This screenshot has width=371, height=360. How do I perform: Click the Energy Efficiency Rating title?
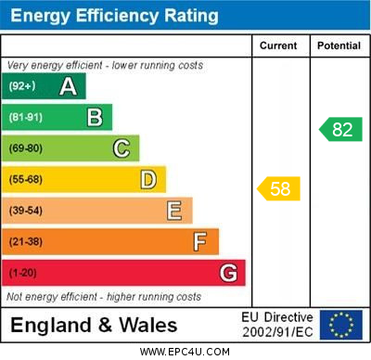(x=114, y=16)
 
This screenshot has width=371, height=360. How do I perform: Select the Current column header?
(x=279, y=45)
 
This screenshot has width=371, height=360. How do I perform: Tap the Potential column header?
(x=338, y=45)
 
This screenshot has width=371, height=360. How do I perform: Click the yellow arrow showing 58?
(x=278, y=189)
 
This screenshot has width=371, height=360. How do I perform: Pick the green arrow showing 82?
(x=340, y=129)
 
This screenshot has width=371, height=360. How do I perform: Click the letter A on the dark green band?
(x=68, y=86)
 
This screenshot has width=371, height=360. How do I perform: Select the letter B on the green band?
(x=95, y=117)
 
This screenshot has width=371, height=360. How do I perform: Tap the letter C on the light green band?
(x=122, y=148)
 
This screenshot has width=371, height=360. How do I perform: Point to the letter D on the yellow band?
(x=148, y=179)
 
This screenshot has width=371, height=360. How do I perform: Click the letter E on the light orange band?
(x=174, y=211)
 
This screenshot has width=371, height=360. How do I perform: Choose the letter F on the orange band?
(x=199, y=242)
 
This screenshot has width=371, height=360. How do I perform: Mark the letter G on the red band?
(x=228, y=274)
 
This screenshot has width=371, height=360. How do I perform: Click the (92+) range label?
(x=22, y=86)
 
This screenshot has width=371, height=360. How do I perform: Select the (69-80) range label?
(x=26, y=148)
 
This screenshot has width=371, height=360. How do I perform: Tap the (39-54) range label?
(x=26, y=211)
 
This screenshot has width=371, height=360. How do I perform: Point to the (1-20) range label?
(x=23, y=274)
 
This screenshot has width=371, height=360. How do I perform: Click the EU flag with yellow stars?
(x=341, y=324)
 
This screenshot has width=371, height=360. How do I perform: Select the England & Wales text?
(x=94, y=325)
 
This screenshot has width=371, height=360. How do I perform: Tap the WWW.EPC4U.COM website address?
(x=184, y=352)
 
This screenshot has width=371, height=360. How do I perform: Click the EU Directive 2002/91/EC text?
(x=277, y=324)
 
